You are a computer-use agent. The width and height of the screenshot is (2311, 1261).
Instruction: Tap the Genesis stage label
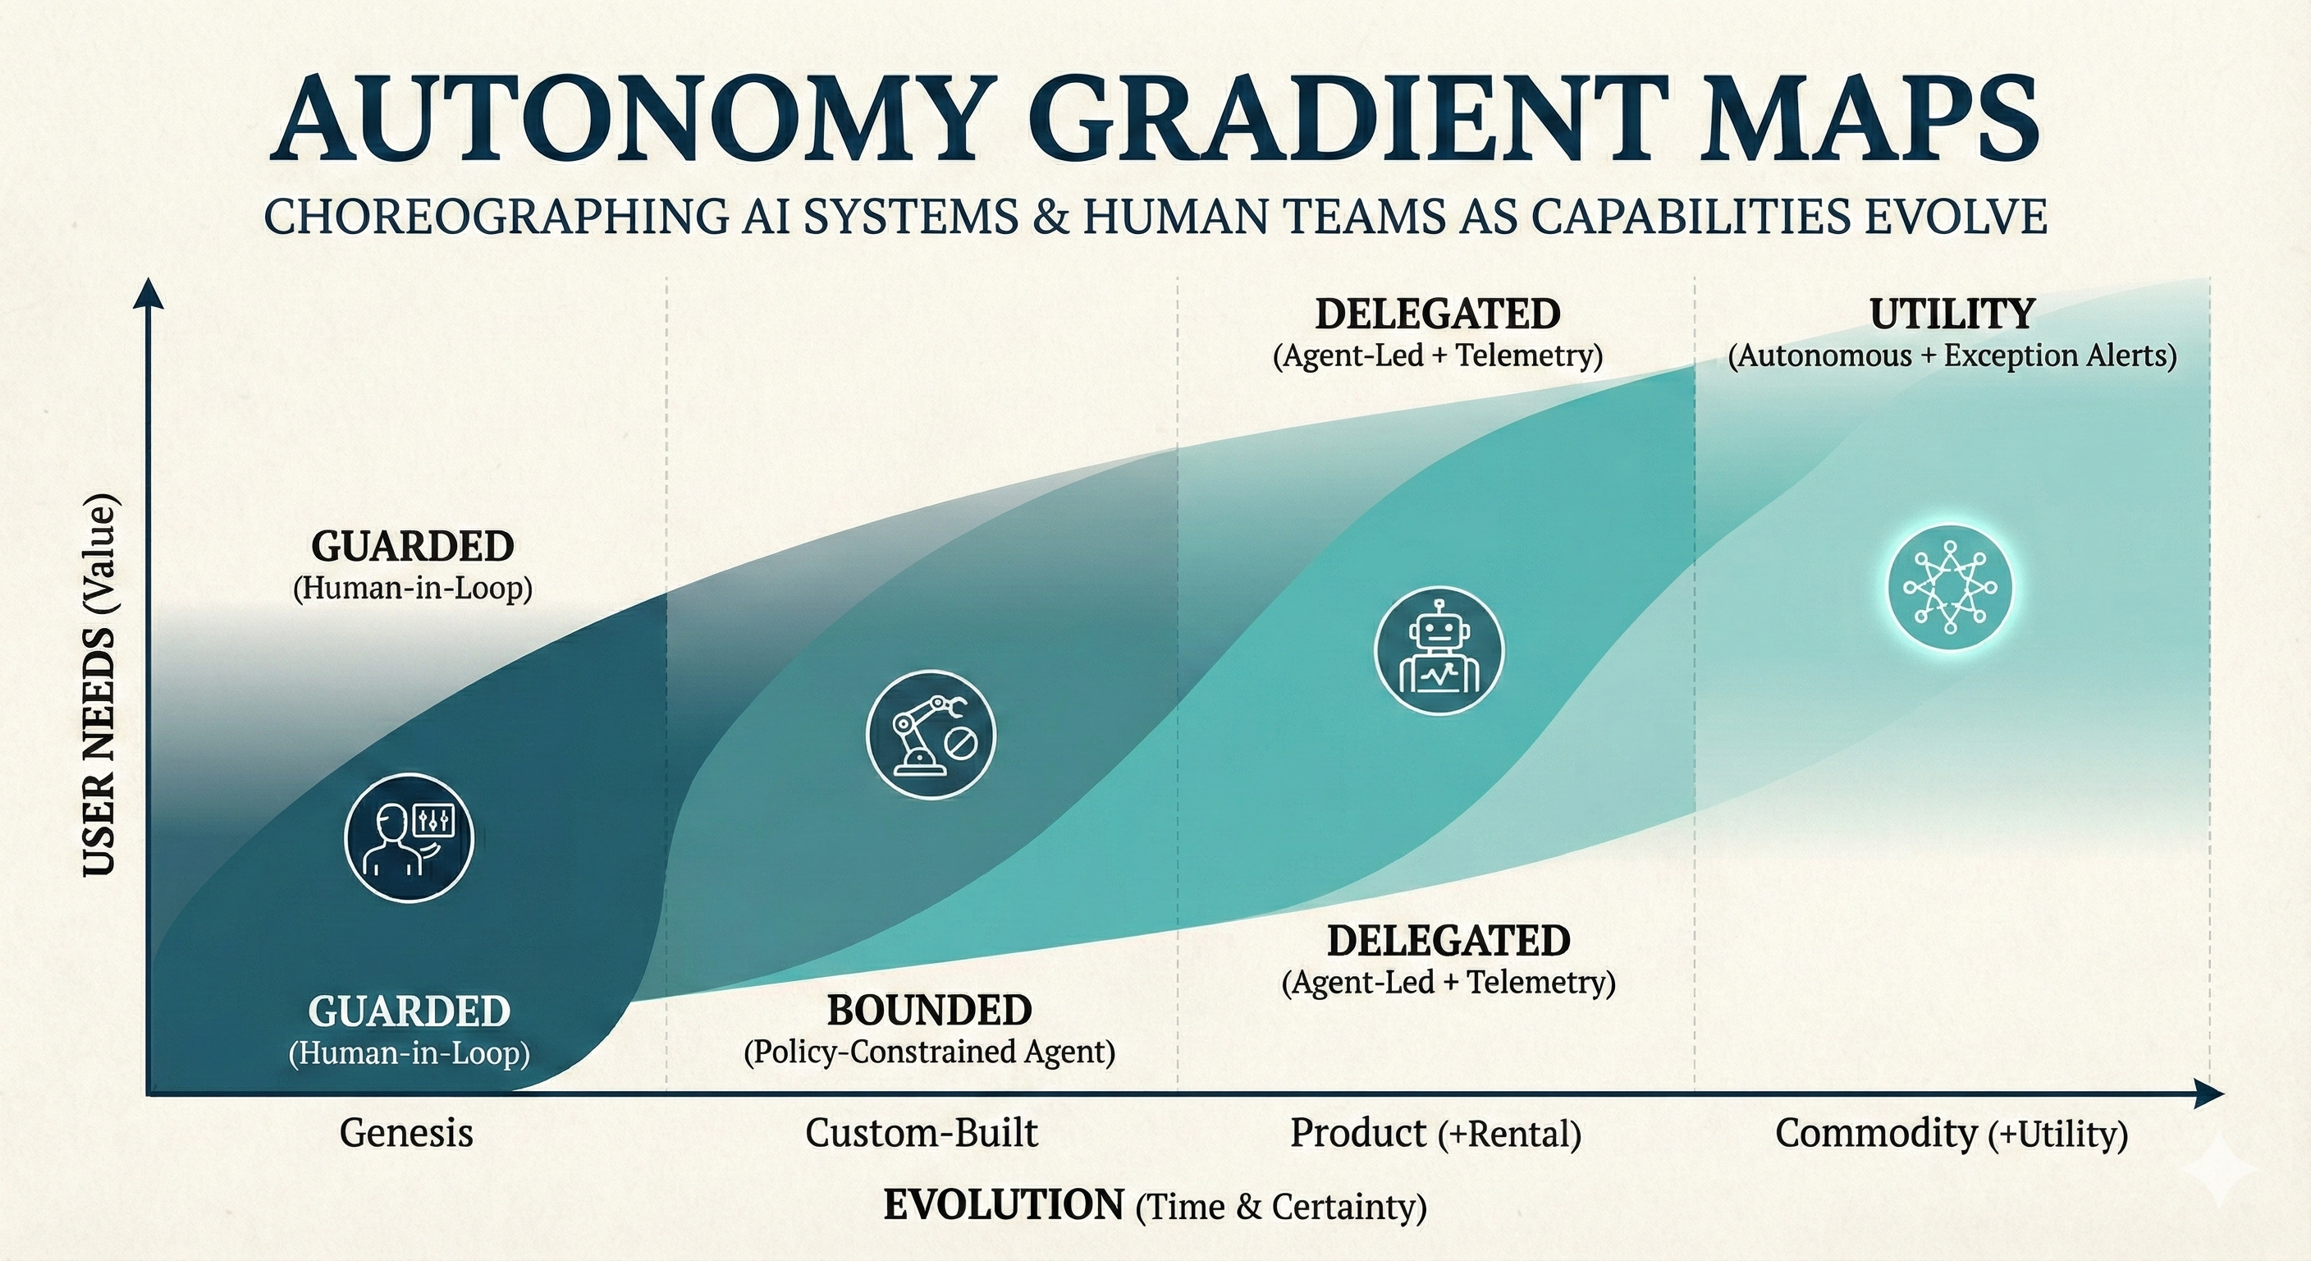click(x=406, y=1133)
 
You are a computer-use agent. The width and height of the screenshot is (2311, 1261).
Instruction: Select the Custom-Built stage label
click(x=922, y=1133)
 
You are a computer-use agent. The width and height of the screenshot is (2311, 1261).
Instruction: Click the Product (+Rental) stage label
click(x=1435, y=1134)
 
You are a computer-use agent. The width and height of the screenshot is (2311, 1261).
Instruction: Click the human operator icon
click(x=409, y=837)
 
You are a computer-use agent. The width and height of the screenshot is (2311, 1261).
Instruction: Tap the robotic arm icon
click(x=931, y=734)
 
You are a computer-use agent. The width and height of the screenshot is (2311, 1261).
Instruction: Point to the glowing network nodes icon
click(x=1949, y=587)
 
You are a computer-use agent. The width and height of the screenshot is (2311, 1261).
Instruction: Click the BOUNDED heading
click(x=930, y=1011)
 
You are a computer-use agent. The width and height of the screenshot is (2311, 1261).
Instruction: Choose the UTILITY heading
click(x=1952, y=314)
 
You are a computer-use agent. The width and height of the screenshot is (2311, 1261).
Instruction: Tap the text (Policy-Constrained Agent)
click(x=930, y=1052)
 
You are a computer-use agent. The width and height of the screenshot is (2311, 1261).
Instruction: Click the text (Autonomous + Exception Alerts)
click(x=1952, y=355)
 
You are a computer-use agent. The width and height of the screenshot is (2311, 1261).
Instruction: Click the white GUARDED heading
click(x=409, y=1011)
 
